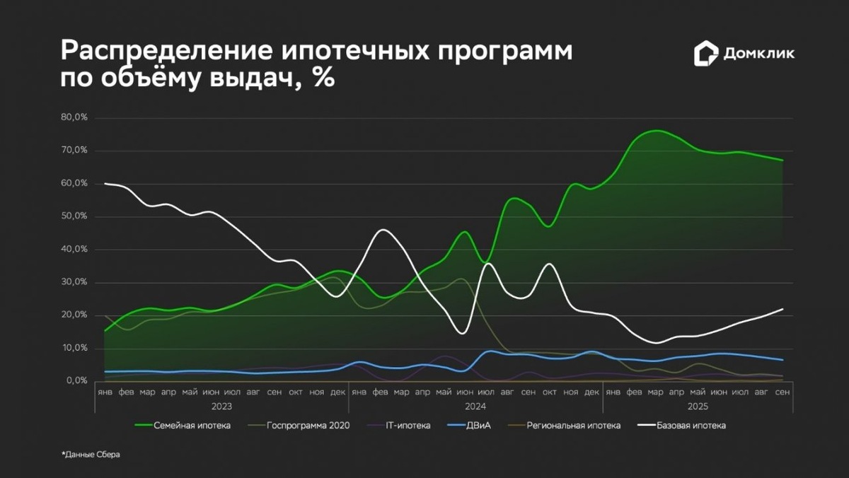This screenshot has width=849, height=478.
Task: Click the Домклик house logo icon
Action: click(x=706, y=54)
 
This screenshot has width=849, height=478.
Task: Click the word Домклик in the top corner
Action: click(x=758, y=54)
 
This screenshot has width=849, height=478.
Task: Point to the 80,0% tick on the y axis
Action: click(x=74, y=117)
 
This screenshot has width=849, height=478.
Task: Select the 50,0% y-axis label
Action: click(x=74, y=216)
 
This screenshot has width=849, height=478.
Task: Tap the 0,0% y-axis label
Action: click(x=76, y=381)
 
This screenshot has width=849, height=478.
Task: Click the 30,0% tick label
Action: click(x=74, y=282)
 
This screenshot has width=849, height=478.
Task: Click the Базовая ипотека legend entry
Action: click(x=691, y=426)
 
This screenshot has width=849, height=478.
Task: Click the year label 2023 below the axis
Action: click(x=221, y=407)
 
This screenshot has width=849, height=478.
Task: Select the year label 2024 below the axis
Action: click(x=475, y=407)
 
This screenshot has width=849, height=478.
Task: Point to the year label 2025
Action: click(x=697, y=407)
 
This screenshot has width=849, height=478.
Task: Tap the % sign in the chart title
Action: click(x=323, y=78)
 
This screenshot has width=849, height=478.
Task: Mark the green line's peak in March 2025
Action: click(x=656, y=131)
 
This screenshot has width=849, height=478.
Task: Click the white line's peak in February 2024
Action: click(x=383, y=230)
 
